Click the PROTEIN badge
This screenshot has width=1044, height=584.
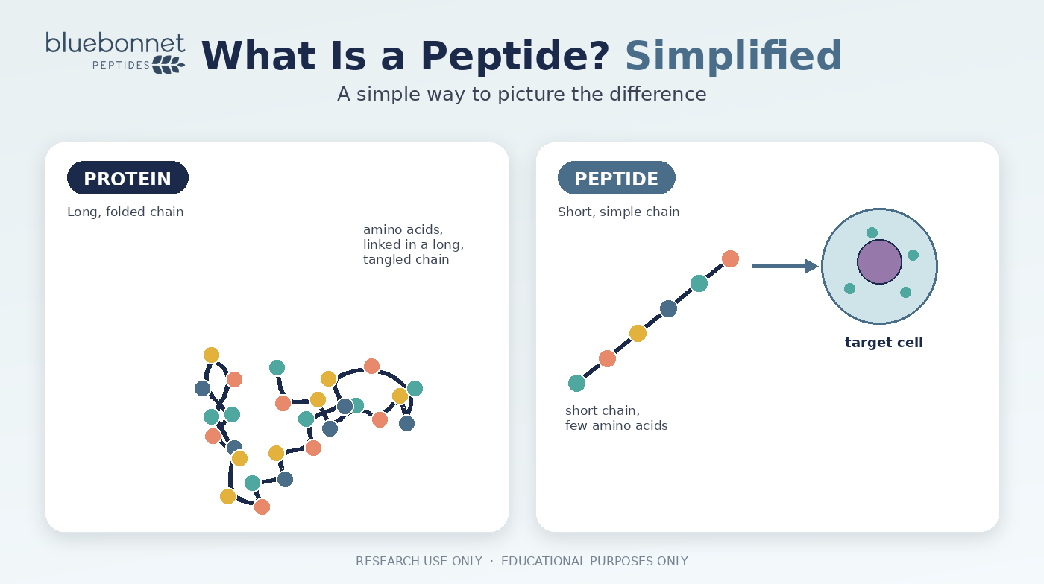pos(128,178)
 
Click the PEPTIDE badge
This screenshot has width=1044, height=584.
pos(616,178)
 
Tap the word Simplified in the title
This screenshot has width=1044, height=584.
pos(734,56)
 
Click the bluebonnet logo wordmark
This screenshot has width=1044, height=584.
pos(115,43)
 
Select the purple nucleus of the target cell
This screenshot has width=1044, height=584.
pos(879,261)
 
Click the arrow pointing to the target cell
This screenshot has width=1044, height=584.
pos(785,267)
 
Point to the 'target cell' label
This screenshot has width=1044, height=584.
pos(884,343)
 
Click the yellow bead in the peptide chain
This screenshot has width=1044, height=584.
pos(638,334)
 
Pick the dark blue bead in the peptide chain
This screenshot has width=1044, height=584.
pos(668,308)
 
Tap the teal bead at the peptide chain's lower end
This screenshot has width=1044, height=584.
pos(576,384)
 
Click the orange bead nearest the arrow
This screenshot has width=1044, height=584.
pos(730,259)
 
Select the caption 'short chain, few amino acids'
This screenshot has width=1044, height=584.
pos(616,418)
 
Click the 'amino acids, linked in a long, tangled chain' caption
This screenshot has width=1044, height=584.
pos(413,244)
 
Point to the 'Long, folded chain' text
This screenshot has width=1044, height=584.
pos(125,212)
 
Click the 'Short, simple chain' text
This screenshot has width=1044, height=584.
pos(618,212)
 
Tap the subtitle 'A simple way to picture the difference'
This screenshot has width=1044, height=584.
pos(521,94)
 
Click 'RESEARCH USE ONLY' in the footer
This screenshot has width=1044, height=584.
pos(419,561)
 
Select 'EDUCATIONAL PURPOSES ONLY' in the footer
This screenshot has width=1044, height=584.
pos(594,561)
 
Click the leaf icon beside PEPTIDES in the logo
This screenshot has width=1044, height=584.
pos(169,65)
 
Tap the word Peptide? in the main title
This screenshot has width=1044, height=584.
pos(515,57)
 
